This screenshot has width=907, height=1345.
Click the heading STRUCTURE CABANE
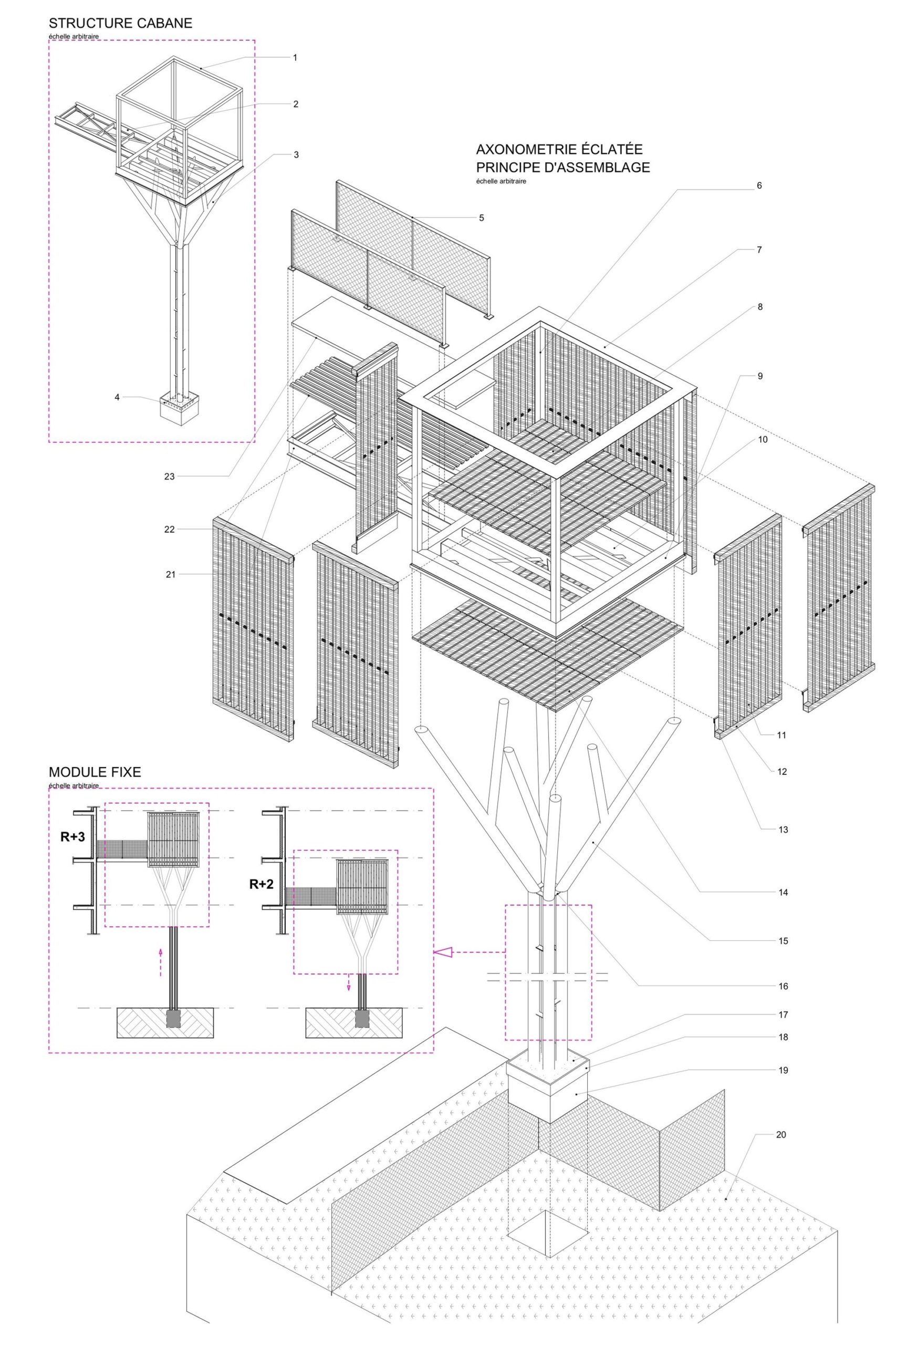tap(120, 24)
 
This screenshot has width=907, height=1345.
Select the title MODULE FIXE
tap(95, 772)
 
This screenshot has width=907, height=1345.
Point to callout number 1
tap(295, 58)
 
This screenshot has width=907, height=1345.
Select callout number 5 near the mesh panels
tap(481, 218)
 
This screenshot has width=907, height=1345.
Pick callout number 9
tap(760, 376)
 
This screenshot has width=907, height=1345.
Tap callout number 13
tap(783, 830)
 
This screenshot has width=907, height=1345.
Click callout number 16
tap(783, 986)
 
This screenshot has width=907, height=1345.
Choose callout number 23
tap(169, 477)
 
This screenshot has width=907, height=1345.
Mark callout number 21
tap(170, 574)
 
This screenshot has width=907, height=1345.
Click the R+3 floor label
tap(73, 836)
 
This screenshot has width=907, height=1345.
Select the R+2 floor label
tap(262, 884)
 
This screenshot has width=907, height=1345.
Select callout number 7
tap(759, 250)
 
